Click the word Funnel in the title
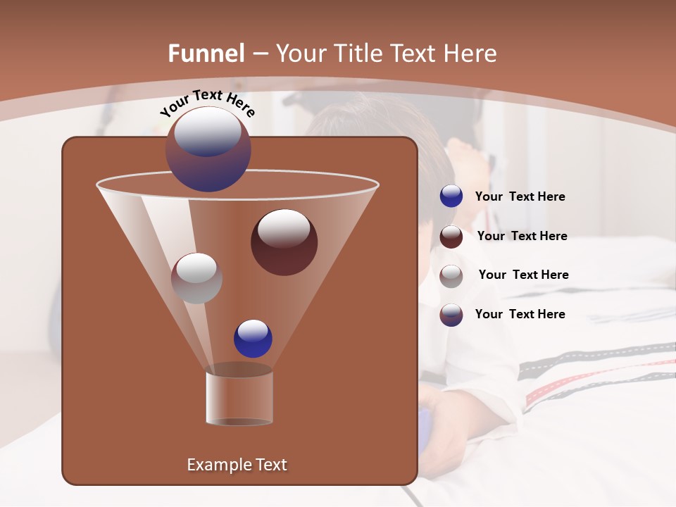[x=206, y=54]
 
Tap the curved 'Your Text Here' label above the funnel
[x=207, y=102]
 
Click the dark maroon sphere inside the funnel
[x=284, y=243]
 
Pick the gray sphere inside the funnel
[x=196, y=278]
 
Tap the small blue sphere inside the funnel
[x=253, y=338]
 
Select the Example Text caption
[x=237, y=465]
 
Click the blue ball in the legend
[x=451, y=196]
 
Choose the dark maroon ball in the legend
[x=451, y=237]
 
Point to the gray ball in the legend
[x=451, y=275]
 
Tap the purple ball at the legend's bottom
[x=451, y=315]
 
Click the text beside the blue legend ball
[x=520, y=197]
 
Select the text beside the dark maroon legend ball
[x=522, y=236]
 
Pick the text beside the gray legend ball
[x=523, y=275]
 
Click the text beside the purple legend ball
[x=520, y=314]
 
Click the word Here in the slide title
[x=472, y=54]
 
